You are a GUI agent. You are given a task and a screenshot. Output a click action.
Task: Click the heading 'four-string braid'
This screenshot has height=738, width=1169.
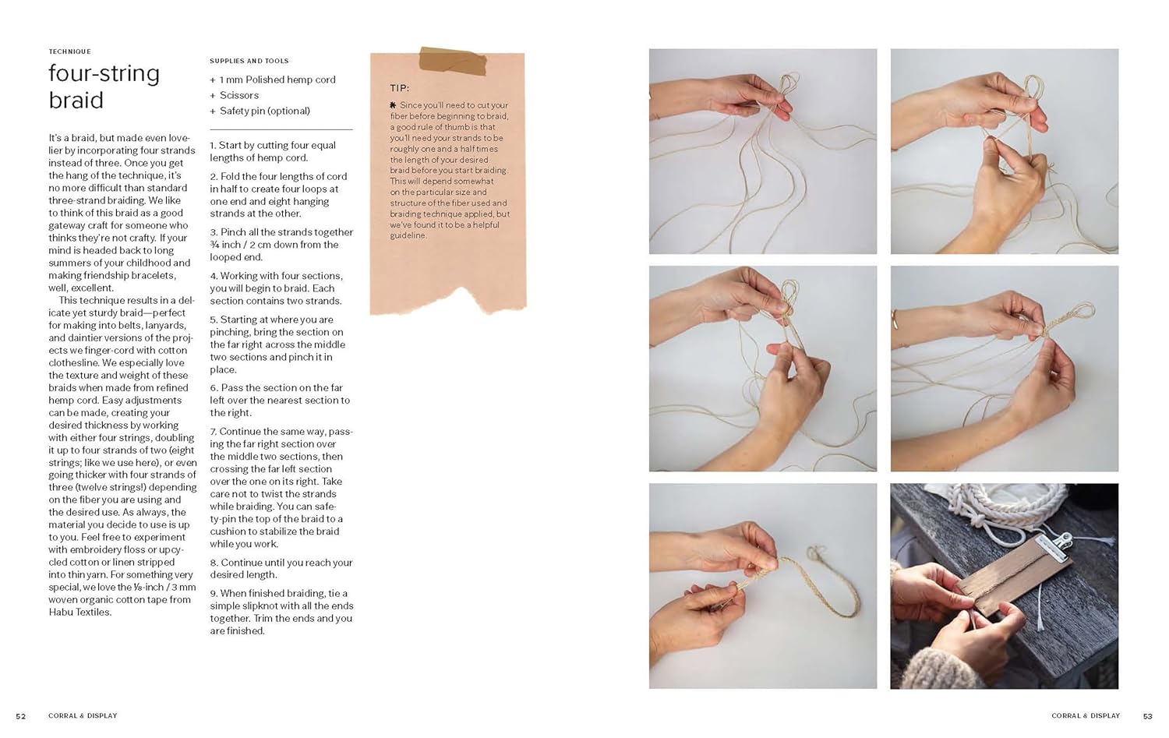pos(104,87)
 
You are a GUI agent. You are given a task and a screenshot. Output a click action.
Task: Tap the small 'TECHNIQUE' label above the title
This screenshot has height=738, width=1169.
pos(70,51)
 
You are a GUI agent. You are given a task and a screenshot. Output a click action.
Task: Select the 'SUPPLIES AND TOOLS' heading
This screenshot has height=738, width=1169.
pos(249,61)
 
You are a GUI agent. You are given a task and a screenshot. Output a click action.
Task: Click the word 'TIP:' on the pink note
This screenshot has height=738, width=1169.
pos(399,88)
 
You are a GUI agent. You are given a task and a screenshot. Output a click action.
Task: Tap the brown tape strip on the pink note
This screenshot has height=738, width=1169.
pos(453,61)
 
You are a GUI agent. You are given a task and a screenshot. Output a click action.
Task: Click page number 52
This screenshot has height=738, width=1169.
pos(21,716)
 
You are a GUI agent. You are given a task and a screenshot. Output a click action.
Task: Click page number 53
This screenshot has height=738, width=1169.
pos(1148,716)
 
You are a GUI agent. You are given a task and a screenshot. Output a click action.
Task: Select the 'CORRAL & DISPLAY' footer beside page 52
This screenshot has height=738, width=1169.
pos(83,715)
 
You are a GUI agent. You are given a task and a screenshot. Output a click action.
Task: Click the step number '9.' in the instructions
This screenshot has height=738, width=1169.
pos(214,593)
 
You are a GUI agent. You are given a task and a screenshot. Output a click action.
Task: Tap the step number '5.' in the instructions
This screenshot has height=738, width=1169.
pos(214,320)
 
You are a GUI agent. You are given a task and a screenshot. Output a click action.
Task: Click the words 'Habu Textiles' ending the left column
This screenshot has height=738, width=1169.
pos(79,612)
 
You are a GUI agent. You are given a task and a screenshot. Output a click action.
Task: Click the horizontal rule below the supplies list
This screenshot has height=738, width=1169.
pos(281,129)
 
